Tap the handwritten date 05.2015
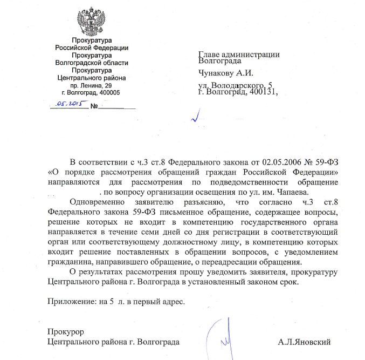point(73,103)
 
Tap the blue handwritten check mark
point(196,115)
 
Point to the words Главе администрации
point(238,54)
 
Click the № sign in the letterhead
point(94,106)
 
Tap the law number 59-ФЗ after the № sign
point(329,161)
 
